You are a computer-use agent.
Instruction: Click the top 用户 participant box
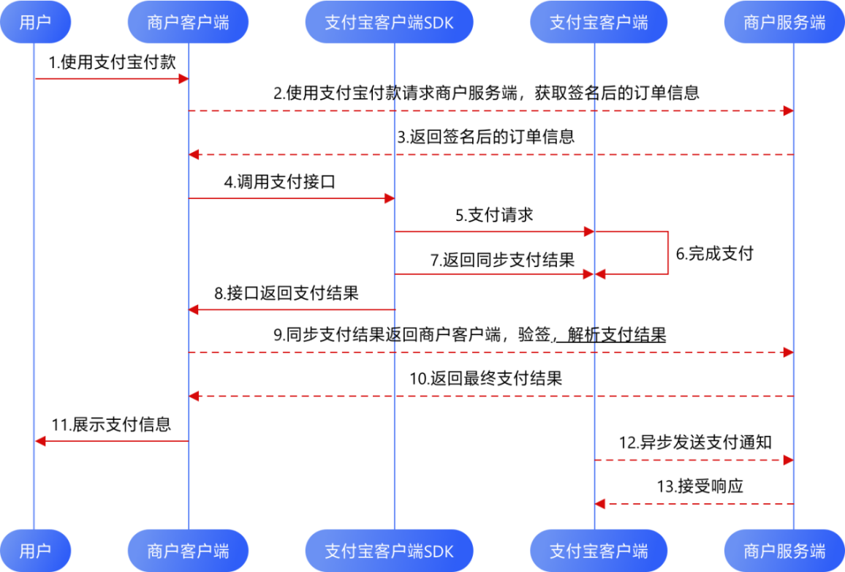tap(35, 22)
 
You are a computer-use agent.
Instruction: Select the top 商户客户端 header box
tap(188, 22)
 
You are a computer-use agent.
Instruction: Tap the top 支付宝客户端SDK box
tap(389, 22)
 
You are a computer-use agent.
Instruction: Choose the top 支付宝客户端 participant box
tap(599, 22)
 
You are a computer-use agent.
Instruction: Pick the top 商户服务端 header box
tap(784, 22)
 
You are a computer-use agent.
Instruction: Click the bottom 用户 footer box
tap(35, 550)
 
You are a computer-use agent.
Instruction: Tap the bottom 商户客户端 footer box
tap(188, 550)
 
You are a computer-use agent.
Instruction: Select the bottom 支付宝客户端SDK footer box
tap(389, 550)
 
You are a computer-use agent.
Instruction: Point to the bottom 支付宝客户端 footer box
tap(599, 550)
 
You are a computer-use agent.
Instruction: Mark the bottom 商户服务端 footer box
tap(784, 550)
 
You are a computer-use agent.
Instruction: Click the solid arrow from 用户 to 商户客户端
tap(110, 78)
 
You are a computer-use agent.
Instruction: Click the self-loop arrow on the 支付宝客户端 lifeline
tap(667, 252)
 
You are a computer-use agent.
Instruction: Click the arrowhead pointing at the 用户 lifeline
tap(41, 441)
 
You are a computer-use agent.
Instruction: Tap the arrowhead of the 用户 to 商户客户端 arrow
tap(184, 78)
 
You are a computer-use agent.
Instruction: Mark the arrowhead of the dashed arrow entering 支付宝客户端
tap(600, 504)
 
